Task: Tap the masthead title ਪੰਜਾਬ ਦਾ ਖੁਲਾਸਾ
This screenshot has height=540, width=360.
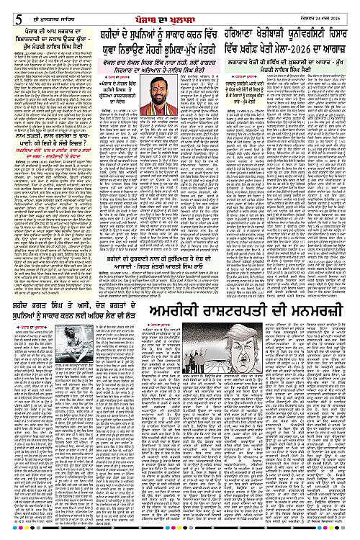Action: click(x=180, y=9)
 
